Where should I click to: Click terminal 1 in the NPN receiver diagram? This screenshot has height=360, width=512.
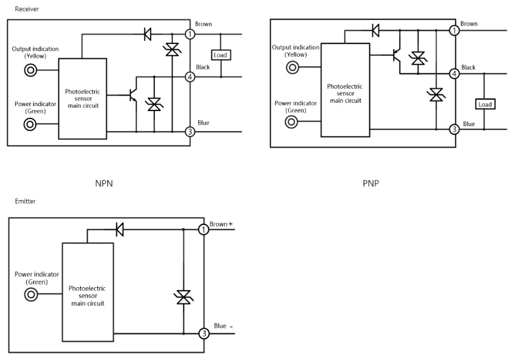(x=190, y=34)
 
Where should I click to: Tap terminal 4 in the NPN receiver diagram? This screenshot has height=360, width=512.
(x=190, y=77)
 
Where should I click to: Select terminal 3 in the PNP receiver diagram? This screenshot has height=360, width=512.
(x=454, y=129)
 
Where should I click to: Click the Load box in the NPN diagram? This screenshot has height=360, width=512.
(x=221, y=55)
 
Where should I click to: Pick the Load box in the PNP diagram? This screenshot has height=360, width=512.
(x=484, y=104)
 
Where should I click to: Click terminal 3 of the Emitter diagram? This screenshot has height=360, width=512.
(x=204, y=334)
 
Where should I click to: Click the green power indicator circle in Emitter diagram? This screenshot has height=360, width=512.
(x=31, y=296)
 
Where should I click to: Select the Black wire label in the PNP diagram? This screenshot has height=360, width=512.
(x=468, y=67)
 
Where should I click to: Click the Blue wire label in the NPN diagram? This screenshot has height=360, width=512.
(x=203, y=123)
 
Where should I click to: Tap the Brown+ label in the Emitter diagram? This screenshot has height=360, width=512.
(x=222, y=224)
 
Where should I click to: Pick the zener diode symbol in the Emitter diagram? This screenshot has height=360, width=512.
(x=183, y=297)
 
